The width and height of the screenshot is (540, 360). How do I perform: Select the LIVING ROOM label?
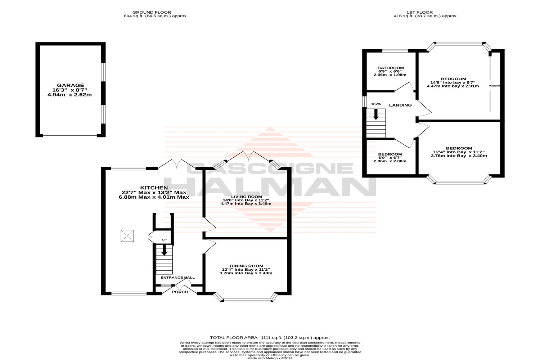tap(246, 197)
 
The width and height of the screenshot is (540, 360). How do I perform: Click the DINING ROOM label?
tap(246, 266)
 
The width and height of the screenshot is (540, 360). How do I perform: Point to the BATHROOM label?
tap(390, 68)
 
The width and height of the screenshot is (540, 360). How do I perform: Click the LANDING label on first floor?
tap(400, 105)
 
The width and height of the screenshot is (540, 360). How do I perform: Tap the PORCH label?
tap(180, 292)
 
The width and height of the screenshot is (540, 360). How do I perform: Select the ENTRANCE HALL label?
tap(177, 278)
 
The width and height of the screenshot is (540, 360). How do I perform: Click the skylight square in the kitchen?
tap(127, 236)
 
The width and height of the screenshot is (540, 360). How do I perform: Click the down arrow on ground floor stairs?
tap(165, 250)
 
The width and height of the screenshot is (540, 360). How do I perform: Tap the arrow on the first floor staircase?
tap(376, 114)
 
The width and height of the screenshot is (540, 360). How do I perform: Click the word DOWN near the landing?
tap(375, 104)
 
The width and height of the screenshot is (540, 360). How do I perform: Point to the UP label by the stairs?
tap(164, 240)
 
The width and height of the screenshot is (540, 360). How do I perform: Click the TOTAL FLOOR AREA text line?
tap(270, 337)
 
